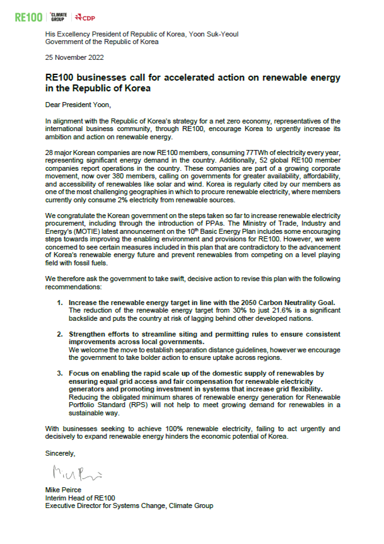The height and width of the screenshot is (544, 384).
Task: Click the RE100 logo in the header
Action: (x=29, y=16)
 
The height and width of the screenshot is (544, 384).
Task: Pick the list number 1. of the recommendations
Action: (x=60, y=303)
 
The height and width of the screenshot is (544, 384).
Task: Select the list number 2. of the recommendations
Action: (x=60, y=332)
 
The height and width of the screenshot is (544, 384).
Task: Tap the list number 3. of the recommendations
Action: (x=60, y=373)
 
